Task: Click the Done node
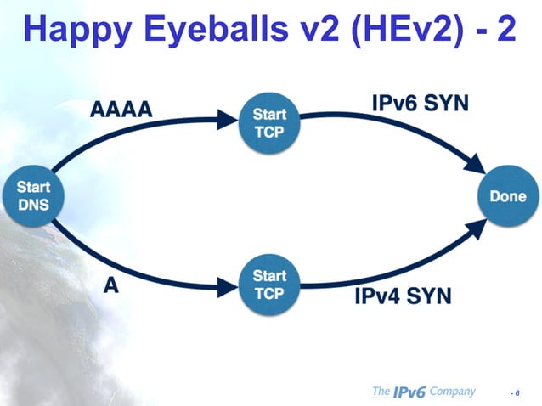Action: (x=507, y=196)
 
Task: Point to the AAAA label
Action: (x=123, y=109)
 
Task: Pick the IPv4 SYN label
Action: (x=403, y=296)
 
